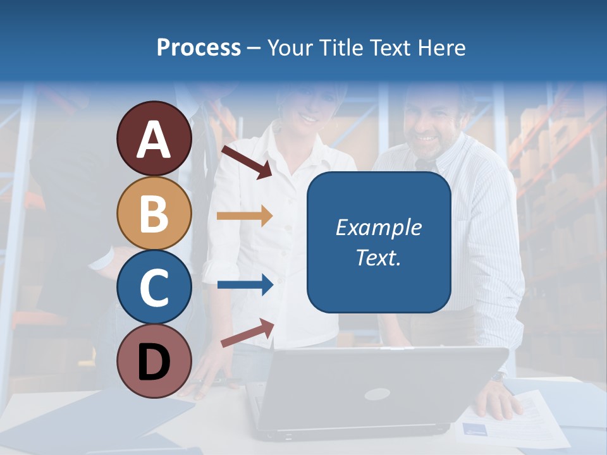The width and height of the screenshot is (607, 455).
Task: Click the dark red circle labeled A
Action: (x=154, y=139)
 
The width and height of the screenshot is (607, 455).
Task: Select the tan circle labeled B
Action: (x=154, y=214)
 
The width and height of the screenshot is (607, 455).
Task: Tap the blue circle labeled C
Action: (x=154, y=287)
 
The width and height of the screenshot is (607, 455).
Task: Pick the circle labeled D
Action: (x=154, y=361)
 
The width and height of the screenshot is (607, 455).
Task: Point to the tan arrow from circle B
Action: (x=245, y=216)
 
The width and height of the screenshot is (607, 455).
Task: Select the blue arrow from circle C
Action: (x=245, y=284)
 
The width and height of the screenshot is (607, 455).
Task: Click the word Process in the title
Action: (x=199, y=47)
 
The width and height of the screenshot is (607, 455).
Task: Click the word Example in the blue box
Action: (x=378, y=227)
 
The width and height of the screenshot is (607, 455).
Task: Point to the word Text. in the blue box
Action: (x=378, y=257)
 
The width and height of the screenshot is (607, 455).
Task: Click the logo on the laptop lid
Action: (x=376, y=394)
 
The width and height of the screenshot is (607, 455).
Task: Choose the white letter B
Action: (x=154, y=214)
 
